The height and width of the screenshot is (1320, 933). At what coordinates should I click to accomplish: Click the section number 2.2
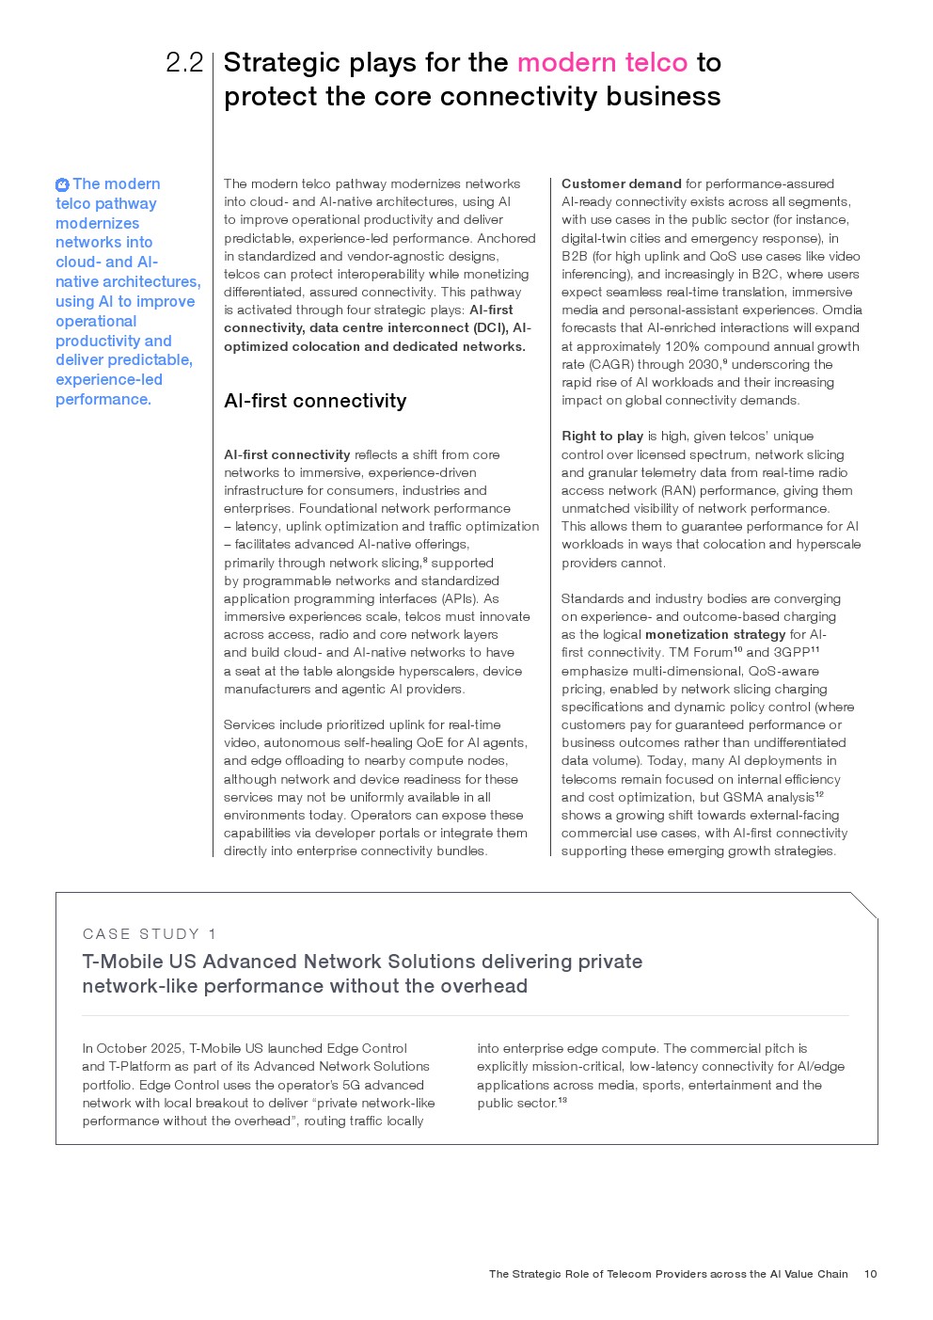pyautogui.click(x=184, y=63)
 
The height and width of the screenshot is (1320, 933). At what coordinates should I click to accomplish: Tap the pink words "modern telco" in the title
pyautogui.click(x=602, y=63)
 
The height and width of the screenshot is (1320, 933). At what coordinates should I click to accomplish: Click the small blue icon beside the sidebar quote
pyautogui.click(x=62, y=185)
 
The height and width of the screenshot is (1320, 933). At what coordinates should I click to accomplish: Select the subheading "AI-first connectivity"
pyautogui.click(x=315, y=402)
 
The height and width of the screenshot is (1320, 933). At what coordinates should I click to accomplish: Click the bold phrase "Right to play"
pyautogui.click(x=602, y=437)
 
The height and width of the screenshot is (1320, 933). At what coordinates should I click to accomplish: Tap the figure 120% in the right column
pyautogui.click(x=681, y=346)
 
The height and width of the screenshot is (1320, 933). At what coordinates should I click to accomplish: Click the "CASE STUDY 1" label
pyautogui.click(x=150, y=934)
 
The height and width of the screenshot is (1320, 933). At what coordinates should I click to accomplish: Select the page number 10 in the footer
pyautogui.click(x=870, y=1274)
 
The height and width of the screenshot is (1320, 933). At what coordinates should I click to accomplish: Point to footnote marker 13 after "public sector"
pyautogui.click(x=562, y=1100)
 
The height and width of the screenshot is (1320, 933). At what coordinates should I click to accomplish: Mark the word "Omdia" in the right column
pyautogui.click(x=843, y=310)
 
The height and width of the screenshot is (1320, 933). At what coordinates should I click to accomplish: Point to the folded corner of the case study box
pyautogui.click(x=865, y=904)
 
